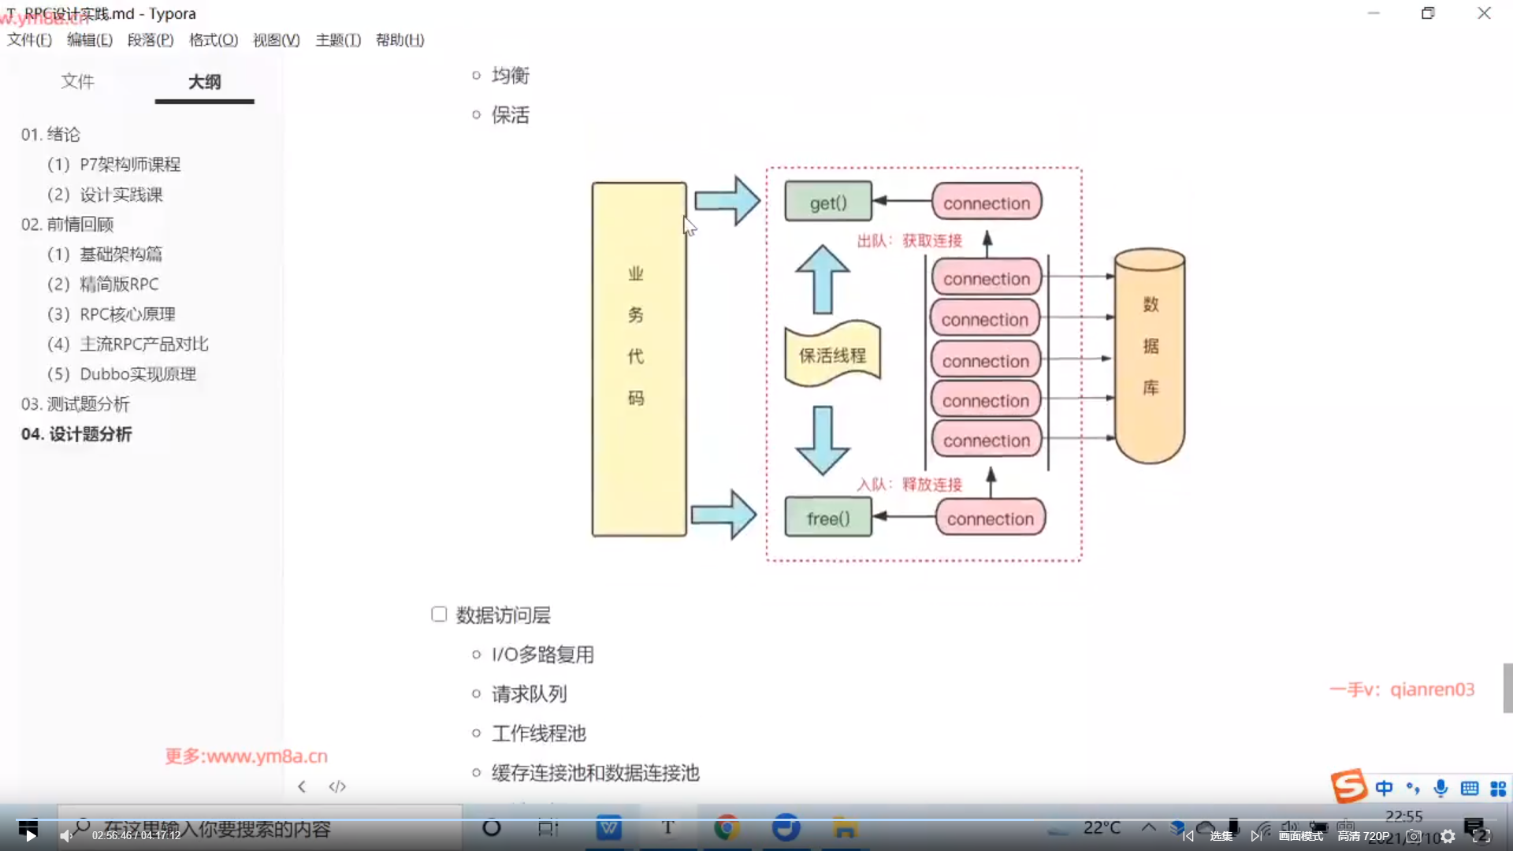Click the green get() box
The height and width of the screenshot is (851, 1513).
(x=827, y=202)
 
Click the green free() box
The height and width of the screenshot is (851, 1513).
(x=827, y=518)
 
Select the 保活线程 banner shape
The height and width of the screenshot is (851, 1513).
(x=832, y=355)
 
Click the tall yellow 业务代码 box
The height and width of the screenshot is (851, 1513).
(x=638, y=359)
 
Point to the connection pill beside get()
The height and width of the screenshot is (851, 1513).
(x=986, y=203)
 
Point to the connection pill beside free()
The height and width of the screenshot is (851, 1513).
(x=990, y=518)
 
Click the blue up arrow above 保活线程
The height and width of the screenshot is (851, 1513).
(x=822, y=280)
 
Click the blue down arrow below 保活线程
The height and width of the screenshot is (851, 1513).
(x=822, y=440)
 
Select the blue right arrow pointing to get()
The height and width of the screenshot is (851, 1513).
(x=727, y=201)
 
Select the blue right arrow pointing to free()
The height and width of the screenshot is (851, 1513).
(x=723, y=515)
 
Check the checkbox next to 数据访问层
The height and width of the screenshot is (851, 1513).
(x=439, y=614)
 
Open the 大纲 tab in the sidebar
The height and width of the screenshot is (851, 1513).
(x=204, y=82)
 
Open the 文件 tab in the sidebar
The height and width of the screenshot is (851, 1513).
(x=77, y=82)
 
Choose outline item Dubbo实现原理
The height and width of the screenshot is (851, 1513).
(x=137, y=374)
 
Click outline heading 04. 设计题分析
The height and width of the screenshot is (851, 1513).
(x=76, y=434)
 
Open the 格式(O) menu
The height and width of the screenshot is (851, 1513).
(x=213, y=40)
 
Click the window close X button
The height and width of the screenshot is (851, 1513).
(x=1484, y=13)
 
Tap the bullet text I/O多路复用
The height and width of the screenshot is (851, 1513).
(x=542, y=655)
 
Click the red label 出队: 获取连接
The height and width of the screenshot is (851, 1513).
(x=909, y=240)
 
